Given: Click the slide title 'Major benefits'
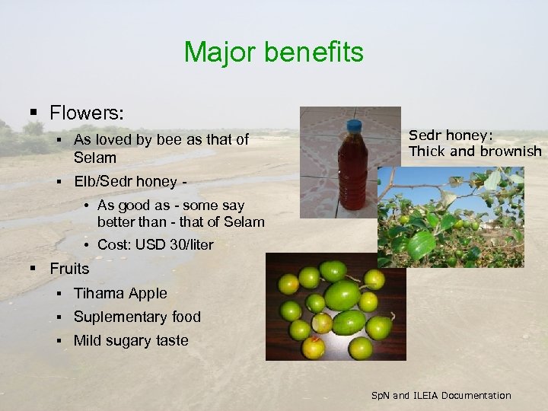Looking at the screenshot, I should [273, 53].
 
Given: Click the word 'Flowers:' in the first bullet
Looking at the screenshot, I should [87, 113].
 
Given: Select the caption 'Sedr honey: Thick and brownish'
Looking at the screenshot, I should [474, 143].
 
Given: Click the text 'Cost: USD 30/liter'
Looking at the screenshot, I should [155, 244].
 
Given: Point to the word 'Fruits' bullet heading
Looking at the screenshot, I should [69, 269].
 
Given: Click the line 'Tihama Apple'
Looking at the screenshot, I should [119, 293].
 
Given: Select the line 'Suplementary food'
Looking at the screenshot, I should [137, 317].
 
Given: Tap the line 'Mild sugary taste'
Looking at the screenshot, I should [130, 340].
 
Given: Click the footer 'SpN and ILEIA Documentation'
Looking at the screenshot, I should [441, 395].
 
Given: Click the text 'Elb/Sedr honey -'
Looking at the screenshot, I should [129, 182].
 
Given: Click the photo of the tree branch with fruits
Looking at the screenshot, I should [450, 216].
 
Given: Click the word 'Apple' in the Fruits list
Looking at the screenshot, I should [148, 293].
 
